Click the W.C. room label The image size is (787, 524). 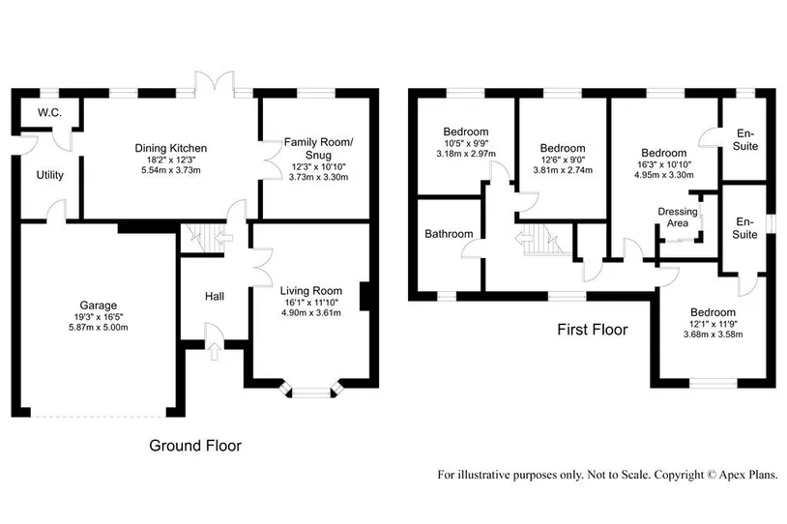pos(49,113)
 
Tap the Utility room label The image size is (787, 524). pos(50,175)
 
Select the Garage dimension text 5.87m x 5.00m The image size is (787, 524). pos(99,327)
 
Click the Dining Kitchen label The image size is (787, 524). pos(171,148)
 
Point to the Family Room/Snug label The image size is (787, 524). pos(318,149)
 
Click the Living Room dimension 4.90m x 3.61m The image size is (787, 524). pos(311,312)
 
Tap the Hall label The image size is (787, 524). pos(215,296)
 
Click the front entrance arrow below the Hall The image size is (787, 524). pos(215,351)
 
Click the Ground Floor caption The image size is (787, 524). pos(195,445)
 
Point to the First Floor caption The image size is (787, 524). pos(593,330)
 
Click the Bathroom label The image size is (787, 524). pos(449,233)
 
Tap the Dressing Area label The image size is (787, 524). pos(678,217)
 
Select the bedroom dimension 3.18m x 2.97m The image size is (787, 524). pos(466,153)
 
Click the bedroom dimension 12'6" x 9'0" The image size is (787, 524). pos(563,160)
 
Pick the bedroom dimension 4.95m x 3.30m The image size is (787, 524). pos(664,175)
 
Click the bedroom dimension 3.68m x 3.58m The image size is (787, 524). pos(713,335)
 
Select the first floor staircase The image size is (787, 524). pos(543,239)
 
